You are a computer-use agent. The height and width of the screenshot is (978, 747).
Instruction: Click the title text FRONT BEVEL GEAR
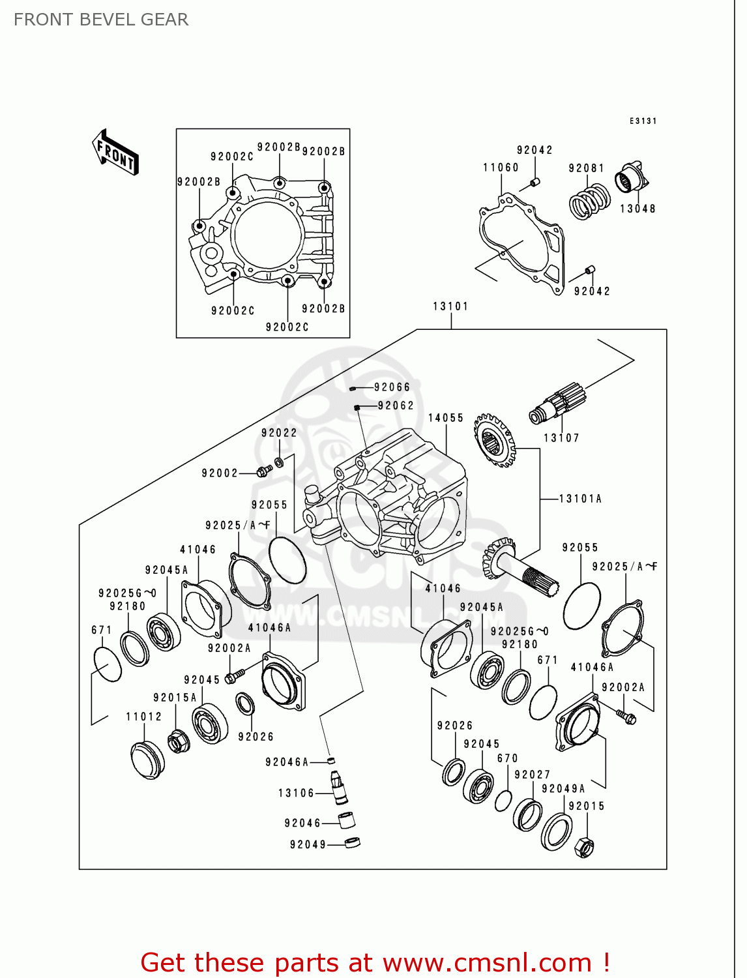coord(101,20)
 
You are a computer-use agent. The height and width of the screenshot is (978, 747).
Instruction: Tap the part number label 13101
coord(450,306)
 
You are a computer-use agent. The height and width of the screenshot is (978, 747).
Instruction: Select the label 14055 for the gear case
coord(446,418)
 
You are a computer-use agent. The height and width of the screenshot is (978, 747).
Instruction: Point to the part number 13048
coord(637,209)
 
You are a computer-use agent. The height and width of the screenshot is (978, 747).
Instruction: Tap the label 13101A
coord(580,499)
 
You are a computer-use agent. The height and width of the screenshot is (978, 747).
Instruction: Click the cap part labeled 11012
coord(148,760)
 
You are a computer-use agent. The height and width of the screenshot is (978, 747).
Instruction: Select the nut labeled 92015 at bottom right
coord(584,847)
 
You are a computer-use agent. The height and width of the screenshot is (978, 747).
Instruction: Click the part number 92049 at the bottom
coord(308,845)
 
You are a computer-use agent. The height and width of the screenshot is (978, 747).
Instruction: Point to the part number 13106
coord(296,793)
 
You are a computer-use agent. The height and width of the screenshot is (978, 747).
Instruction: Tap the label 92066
coord(392,387)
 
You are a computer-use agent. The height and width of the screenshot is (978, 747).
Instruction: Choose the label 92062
coord(396,406)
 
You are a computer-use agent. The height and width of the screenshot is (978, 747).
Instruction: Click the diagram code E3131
coord(643,121)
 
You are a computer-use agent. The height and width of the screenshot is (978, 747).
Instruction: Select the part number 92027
coord(532,775)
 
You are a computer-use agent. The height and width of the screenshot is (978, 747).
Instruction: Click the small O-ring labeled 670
coord(503,801)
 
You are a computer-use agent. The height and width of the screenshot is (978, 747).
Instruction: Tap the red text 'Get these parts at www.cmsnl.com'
coord(375,962)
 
